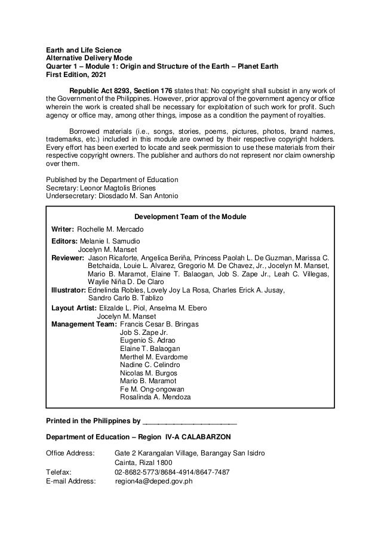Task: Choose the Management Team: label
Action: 84,324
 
